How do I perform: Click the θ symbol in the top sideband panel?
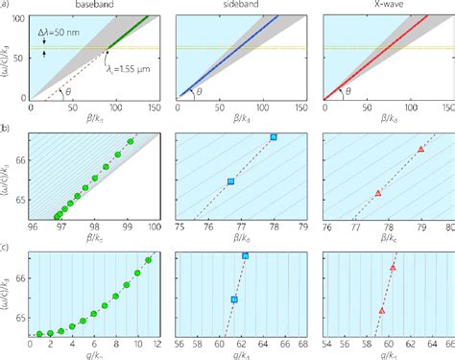(x=200, y=92)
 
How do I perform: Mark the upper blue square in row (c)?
(x=246, y=255)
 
